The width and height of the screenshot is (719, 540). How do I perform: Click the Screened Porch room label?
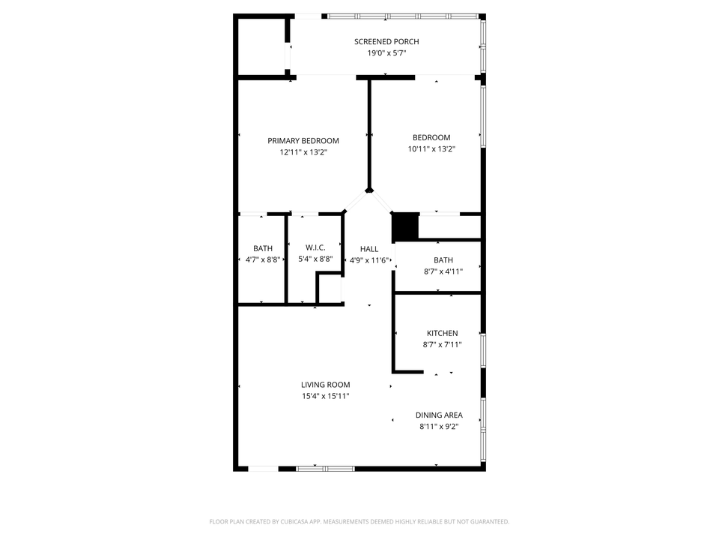(386, 42)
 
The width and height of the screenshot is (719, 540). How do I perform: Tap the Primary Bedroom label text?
(303, 141)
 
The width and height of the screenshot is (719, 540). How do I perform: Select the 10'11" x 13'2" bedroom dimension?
(431, 148)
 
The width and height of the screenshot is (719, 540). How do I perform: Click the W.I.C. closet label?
(315, 247)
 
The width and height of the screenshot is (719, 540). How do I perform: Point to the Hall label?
(369, 249)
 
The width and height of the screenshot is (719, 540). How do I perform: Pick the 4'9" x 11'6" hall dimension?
(369, 260)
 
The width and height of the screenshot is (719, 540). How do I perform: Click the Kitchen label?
(442, 333)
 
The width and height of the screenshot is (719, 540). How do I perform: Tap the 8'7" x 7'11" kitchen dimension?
(442, 345)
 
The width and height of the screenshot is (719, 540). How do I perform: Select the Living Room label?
(326, 385)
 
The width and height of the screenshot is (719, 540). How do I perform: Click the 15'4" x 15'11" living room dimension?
(326, 396)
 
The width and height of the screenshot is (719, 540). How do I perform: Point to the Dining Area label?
(439, 415)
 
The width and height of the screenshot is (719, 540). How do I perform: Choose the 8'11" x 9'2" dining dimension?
(439, 427)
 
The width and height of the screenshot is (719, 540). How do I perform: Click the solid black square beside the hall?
(405, 226)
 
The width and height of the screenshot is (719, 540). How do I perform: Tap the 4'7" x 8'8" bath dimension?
(263, 259)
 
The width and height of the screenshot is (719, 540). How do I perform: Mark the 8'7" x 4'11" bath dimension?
(443, 271)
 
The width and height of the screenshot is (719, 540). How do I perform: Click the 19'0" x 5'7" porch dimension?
(386, 53)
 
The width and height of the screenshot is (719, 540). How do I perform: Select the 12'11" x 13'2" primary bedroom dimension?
(303, 152)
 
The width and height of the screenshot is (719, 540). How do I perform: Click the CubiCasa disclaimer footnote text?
(359, 522)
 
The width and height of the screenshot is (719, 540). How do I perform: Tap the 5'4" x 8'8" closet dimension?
(315, 259)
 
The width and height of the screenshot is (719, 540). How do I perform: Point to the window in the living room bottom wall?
(325, 469)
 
